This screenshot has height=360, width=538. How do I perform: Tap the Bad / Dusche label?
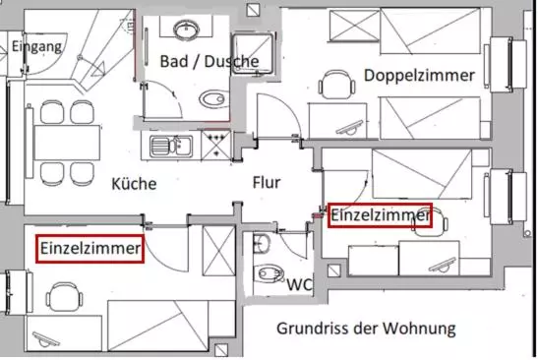pos(209,61)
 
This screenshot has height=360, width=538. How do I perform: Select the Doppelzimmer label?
pos(419,75)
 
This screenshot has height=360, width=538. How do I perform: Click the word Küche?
pos(134,183)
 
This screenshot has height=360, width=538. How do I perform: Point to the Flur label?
pos(267,182)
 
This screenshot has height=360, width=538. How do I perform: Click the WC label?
pos(299,284)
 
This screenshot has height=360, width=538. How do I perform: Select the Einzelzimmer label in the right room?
pos(381,214)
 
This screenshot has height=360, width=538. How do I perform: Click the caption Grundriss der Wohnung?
pos(366,328)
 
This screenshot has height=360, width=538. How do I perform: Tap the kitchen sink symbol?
pos(171,147)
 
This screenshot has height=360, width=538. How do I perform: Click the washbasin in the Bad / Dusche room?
pos(187,30)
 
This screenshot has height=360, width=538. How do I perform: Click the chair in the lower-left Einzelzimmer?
pos(63,296)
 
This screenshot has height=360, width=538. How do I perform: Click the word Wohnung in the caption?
pos(423,328)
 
